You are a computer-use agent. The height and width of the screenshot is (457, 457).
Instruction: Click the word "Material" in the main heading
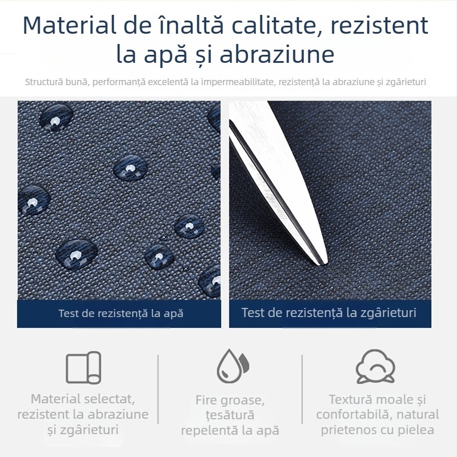[70, 25]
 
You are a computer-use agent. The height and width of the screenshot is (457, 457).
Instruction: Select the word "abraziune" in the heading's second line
[277, 54]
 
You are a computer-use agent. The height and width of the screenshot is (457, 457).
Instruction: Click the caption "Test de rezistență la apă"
[121, 313]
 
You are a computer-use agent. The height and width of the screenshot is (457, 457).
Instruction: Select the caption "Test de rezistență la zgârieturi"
[329, 312]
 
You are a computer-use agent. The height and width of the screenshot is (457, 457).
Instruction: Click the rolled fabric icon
[83, 367]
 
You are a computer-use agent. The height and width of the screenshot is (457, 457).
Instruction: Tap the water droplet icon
[232, 366]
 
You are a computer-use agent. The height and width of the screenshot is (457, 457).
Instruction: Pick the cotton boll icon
[375, 366]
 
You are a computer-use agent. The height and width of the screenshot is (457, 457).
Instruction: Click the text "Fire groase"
[230, 400]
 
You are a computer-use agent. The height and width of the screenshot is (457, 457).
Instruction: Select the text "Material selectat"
[83, 399]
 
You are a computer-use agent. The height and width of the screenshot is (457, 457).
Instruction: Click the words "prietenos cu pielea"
[378, 430]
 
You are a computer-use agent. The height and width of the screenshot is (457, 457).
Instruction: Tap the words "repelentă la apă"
[230, 431]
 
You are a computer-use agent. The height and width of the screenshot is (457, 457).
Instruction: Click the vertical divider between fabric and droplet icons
[158, 390]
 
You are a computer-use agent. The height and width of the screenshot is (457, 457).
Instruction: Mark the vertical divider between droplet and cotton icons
[302, 390]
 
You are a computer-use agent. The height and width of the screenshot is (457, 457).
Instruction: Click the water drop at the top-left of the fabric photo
[56, 117]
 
